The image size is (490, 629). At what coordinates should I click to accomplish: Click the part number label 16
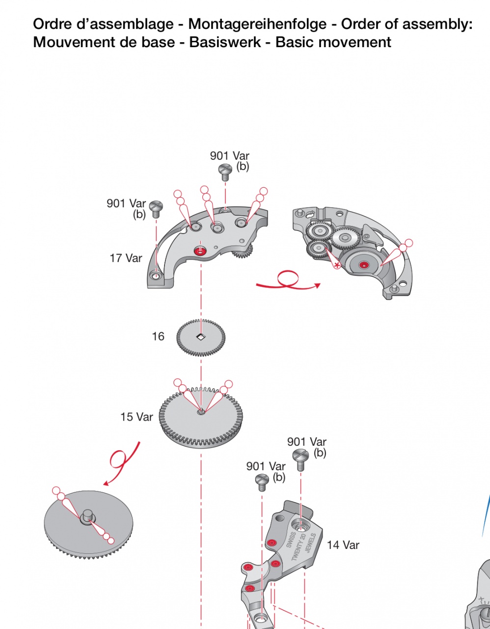[x=158, y=336]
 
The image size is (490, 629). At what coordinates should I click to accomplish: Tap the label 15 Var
[x=136, y=417]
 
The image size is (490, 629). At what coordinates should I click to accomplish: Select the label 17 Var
[x=126, y=258]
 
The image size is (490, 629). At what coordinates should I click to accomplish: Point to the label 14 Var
[x=343, y=545]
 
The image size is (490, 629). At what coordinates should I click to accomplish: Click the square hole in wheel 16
[x=201, y=336]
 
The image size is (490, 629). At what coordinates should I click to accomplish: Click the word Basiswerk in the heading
[x=225, y=42]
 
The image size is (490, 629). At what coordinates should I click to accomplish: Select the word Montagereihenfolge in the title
[x=258, y=24]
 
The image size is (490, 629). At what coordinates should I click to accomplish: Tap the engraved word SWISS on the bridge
[x=291, y=540]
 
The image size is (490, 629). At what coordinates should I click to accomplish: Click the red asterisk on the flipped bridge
[x=336, y=264]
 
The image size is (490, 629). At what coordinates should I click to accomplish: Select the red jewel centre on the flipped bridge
[x=363, y=265]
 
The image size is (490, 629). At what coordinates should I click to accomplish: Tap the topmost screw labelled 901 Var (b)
[x=225, y=172]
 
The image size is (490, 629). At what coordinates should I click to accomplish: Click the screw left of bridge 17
[x=156, y=209]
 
